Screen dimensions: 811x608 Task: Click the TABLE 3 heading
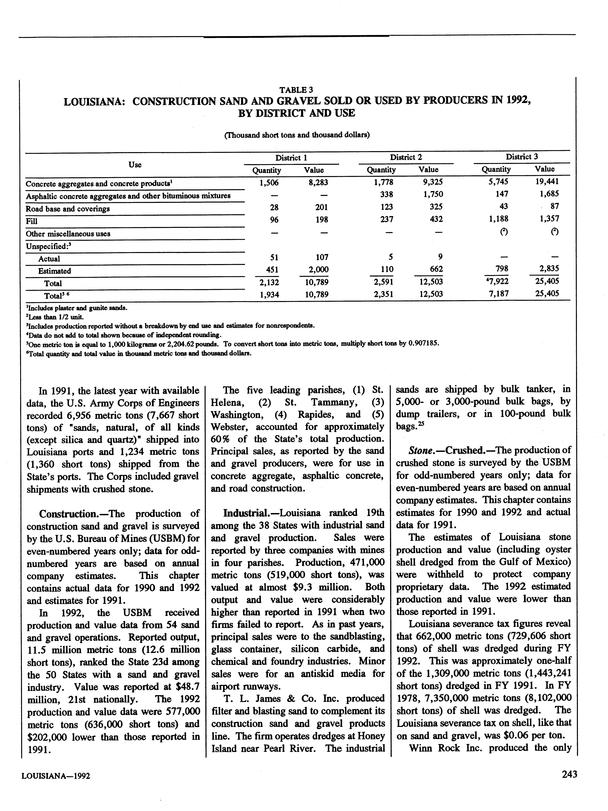[x=296, y=90]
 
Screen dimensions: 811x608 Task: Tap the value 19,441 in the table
[x=547, y=181]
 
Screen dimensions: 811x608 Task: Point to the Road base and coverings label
[x=67, y=209]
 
